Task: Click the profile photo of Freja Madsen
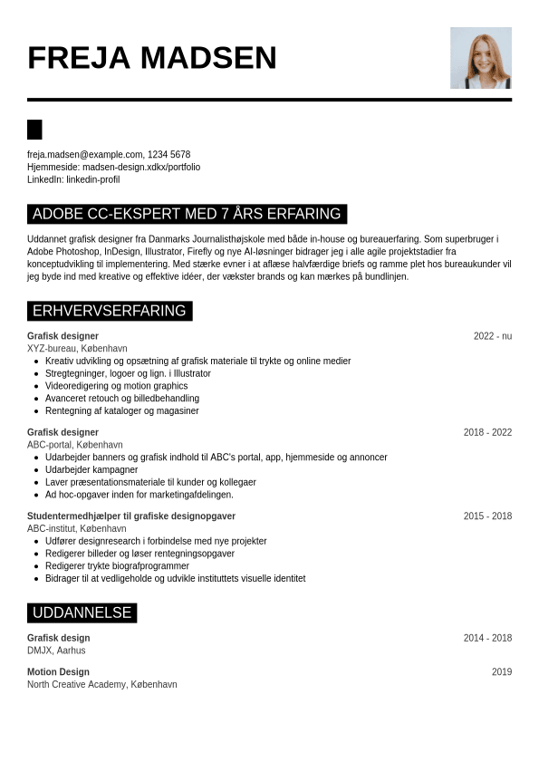(480, 58)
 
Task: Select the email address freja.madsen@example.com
(85, 155)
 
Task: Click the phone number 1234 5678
(169, 155)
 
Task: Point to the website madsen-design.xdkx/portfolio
(141, 168)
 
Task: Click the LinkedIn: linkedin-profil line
(73, 179)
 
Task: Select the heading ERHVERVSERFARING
(110, 312)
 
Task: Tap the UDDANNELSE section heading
(82, 613)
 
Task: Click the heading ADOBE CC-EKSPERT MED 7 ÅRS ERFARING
(187, 215)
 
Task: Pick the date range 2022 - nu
(492, 336)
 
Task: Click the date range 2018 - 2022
(487, 432)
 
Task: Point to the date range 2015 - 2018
(487, 516)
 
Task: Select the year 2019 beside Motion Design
(501, 672)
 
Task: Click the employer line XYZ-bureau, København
(77, 349)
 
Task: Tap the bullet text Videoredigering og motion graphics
(117, 386)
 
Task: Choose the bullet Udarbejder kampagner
(91, 470)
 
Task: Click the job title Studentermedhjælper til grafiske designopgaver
(131, 516)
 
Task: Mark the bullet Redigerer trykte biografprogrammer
(117, 566)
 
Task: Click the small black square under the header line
(34, 130)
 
